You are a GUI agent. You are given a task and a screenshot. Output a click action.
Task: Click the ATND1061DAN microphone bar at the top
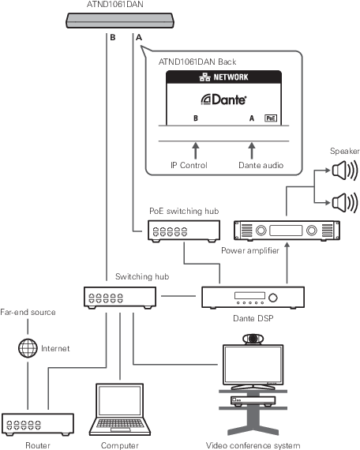point(120,21)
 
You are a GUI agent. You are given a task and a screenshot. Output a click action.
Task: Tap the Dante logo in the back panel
point(223,99)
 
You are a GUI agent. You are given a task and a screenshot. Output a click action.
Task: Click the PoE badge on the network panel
point(271,118)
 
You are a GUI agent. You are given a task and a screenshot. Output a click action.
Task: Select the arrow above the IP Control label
point(196,151)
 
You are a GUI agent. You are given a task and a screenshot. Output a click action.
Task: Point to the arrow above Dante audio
point(252,151)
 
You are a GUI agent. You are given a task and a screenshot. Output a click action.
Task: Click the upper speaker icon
point(345,171)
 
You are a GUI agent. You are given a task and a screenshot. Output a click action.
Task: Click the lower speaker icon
point(345,202)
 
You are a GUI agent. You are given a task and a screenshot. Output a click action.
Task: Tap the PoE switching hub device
point(184,231)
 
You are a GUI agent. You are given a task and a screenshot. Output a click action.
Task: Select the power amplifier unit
point(287,231)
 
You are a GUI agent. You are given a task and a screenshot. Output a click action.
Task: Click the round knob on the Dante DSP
point(272,298)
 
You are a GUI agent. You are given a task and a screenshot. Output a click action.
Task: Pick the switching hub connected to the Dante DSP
point(120,298)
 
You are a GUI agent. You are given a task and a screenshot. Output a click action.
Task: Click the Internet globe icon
point(28,348)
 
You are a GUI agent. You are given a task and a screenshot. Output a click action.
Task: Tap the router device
point(38,424)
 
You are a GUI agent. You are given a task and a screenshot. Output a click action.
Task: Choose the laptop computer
point(120,409)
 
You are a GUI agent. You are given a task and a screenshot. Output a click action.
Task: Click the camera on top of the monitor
point(253,339)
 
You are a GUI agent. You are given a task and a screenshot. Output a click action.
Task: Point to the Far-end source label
point(28,313)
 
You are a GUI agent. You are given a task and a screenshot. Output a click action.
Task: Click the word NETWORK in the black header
point(231,77)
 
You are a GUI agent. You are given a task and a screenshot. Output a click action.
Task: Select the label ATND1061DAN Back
point(197,62)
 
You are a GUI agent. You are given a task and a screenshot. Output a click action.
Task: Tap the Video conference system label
point(253,445)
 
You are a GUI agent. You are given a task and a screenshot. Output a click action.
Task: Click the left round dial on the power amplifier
point(261,231)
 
